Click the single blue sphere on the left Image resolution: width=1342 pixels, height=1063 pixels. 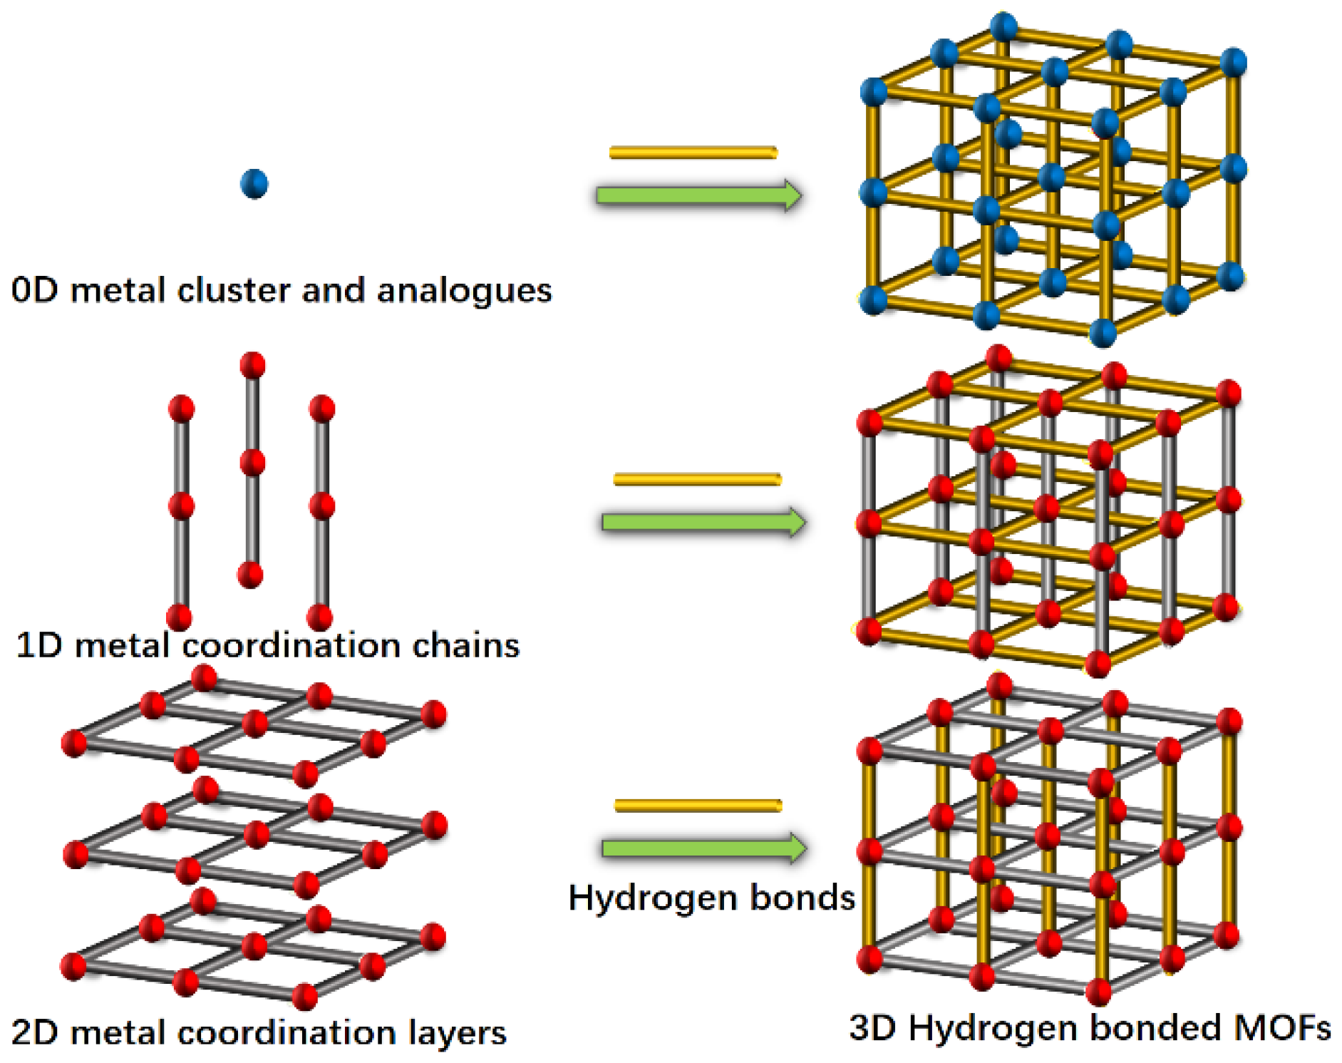(254, 184)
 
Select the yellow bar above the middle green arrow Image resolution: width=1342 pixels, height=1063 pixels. (697, 479)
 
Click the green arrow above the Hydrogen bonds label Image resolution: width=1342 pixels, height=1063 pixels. (703, 848)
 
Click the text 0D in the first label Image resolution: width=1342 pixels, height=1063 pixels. (34, 290)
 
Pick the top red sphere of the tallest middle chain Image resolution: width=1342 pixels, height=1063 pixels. (252, 365)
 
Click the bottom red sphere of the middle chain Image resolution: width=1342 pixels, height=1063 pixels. (250, 574)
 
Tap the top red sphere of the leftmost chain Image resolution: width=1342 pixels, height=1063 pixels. (181, 409)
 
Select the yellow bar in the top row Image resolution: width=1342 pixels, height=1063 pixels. (693, 153)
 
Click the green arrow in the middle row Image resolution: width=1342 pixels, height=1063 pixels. (703, 522)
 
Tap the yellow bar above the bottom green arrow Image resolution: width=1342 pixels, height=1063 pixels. (698, 806)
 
